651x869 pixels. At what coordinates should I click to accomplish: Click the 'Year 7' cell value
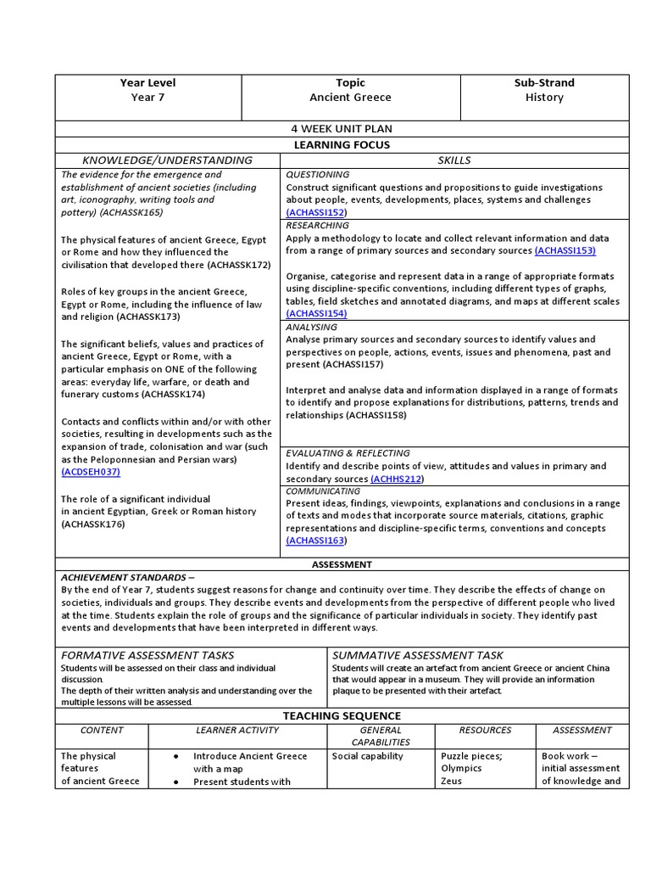148,98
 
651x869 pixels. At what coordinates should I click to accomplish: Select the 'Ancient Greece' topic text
350,98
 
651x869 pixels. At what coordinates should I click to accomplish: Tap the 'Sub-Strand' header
544,82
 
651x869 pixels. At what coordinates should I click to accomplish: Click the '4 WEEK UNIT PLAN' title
342,129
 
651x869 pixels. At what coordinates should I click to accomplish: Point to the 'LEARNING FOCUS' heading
342,145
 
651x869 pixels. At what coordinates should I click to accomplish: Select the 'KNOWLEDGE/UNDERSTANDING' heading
167,160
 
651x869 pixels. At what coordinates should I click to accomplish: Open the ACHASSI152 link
316,212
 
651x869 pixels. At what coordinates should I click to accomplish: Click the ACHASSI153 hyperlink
565,250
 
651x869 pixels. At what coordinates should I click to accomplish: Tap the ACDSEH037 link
91,472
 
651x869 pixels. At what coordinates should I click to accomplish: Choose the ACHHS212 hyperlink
400,479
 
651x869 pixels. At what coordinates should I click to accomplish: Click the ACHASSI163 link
316,541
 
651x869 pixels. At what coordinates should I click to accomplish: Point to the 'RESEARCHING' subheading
317,226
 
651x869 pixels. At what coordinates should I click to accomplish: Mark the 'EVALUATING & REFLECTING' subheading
348,453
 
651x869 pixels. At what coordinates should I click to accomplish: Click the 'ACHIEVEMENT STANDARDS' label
127,577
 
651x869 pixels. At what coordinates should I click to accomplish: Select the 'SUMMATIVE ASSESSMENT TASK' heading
417,655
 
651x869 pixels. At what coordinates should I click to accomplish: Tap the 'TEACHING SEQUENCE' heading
342,716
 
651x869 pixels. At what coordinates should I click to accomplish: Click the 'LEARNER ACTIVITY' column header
237,730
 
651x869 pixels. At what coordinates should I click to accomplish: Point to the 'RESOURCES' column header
486,730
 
